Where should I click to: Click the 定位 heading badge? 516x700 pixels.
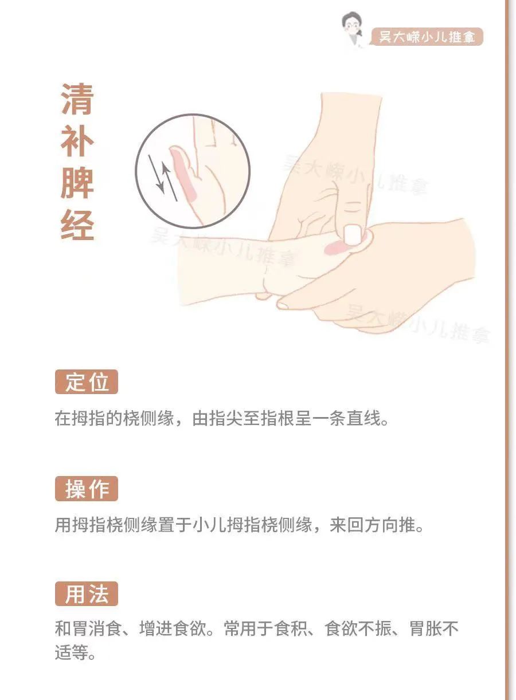tap(87, 382)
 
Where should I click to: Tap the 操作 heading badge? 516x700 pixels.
tap(87, 489)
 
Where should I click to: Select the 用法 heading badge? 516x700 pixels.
tap(87, 594)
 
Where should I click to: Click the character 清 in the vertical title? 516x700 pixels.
tap(77, 99)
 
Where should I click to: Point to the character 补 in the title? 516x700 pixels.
tap(77, 140)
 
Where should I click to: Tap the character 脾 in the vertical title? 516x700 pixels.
tap(77, 182)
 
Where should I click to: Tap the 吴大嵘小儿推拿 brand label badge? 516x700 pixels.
tap(427, 37)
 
